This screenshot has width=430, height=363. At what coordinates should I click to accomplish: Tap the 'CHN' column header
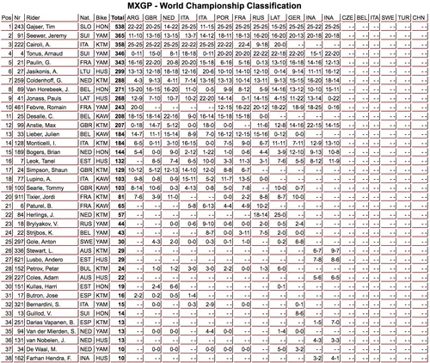click(x=419, y=17)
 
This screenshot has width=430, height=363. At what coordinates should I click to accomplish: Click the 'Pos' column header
click(x=8, y=17)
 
